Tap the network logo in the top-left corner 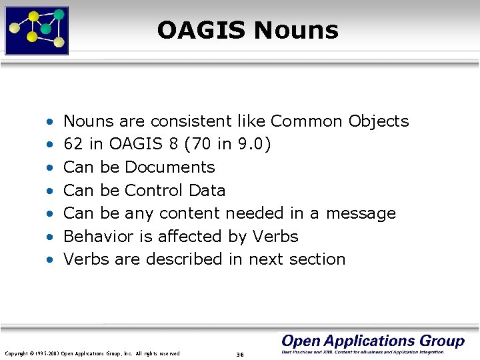point(37,30)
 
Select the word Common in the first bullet point(307,121)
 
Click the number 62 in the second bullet point(71,144)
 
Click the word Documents point(170,167)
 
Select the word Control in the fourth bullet point(154,190)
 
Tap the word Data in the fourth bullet point(207,190)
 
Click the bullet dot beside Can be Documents point(50,167)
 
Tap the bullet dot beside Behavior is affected point(50,237)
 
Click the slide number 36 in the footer point(240,354)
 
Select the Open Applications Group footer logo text point(373,341)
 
